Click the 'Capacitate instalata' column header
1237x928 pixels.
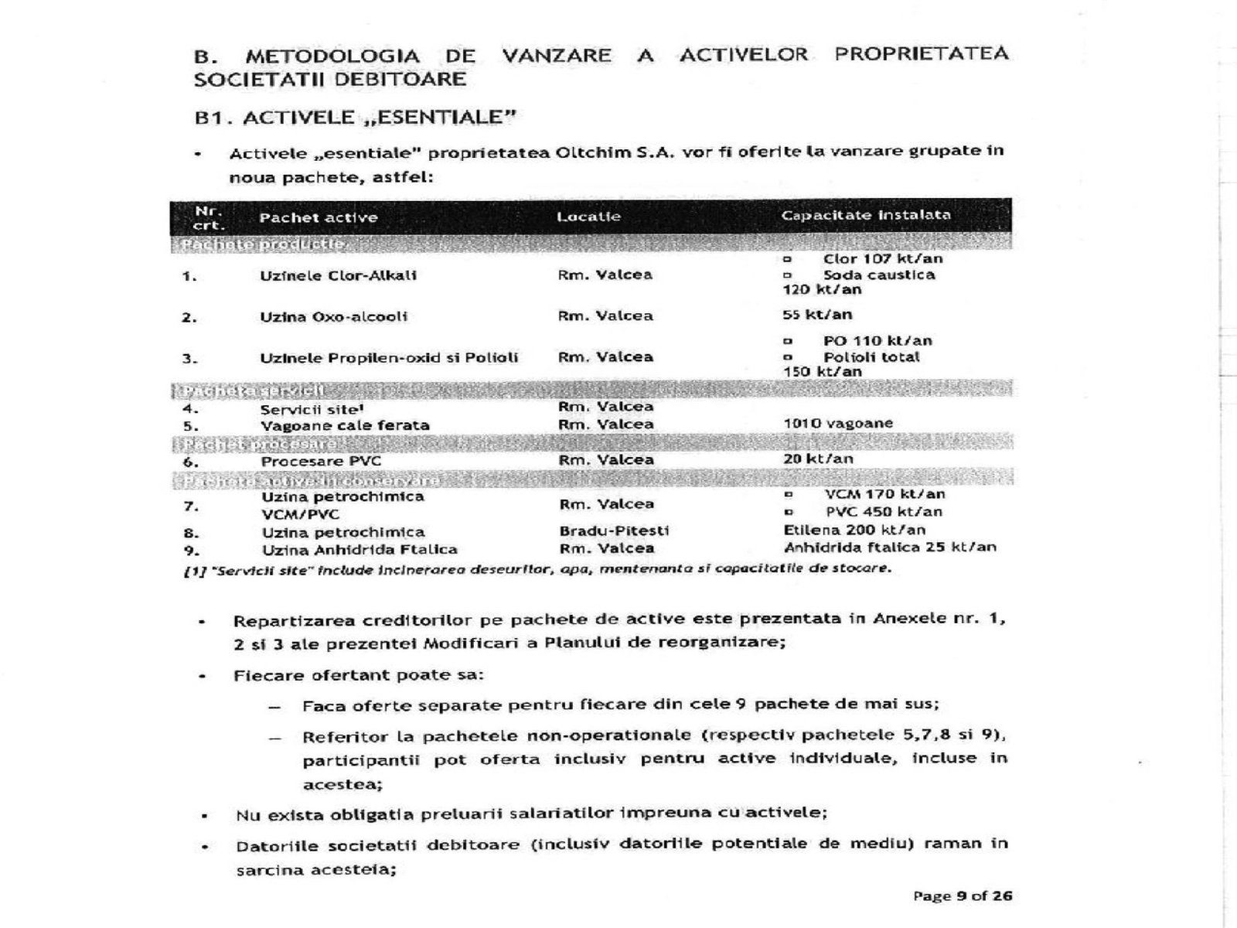click(x=866, y=215)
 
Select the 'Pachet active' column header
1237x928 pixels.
click(x=319, y=217)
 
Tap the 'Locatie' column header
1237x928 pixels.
click(x=588, y=217)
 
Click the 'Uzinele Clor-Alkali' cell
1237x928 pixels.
click(x=338, y=275)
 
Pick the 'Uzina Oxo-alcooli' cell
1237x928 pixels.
click(x=333, y=316)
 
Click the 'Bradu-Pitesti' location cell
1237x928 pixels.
click(x=614, y=531)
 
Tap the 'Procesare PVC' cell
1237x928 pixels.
click(x=321, y=461)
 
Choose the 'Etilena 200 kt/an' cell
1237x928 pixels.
click(x=854, y=530)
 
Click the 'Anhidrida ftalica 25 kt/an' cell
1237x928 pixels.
click(x=890, y=548)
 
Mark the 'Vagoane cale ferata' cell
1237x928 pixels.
click(x=345, y=425)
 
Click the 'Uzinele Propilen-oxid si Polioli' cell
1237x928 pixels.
click(x=389, y=358)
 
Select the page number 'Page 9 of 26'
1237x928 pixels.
click(x=963, y=896)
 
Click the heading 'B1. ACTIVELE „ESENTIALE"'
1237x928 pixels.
click(x=355, y=118)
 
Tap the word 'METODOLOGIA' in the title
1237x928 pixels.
click(x=332, y=56)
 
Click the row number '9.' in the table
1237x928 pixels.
click(x=191, y=550)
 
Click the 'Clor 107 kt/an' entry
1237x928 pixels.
click(x=882, y=258)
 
